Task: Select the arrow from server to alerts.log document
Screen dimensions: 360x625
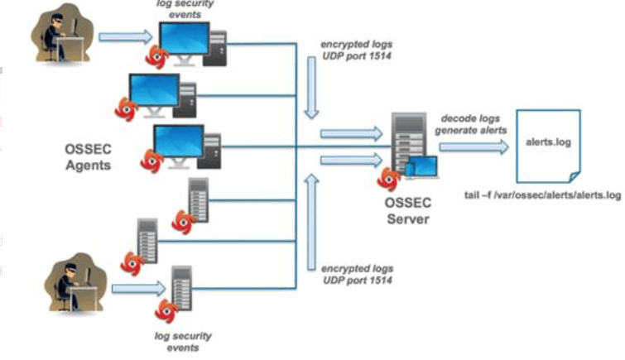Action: [x=472, y=147]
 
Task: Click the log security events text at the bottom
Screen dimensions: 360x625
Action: [x=184, y=341]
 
